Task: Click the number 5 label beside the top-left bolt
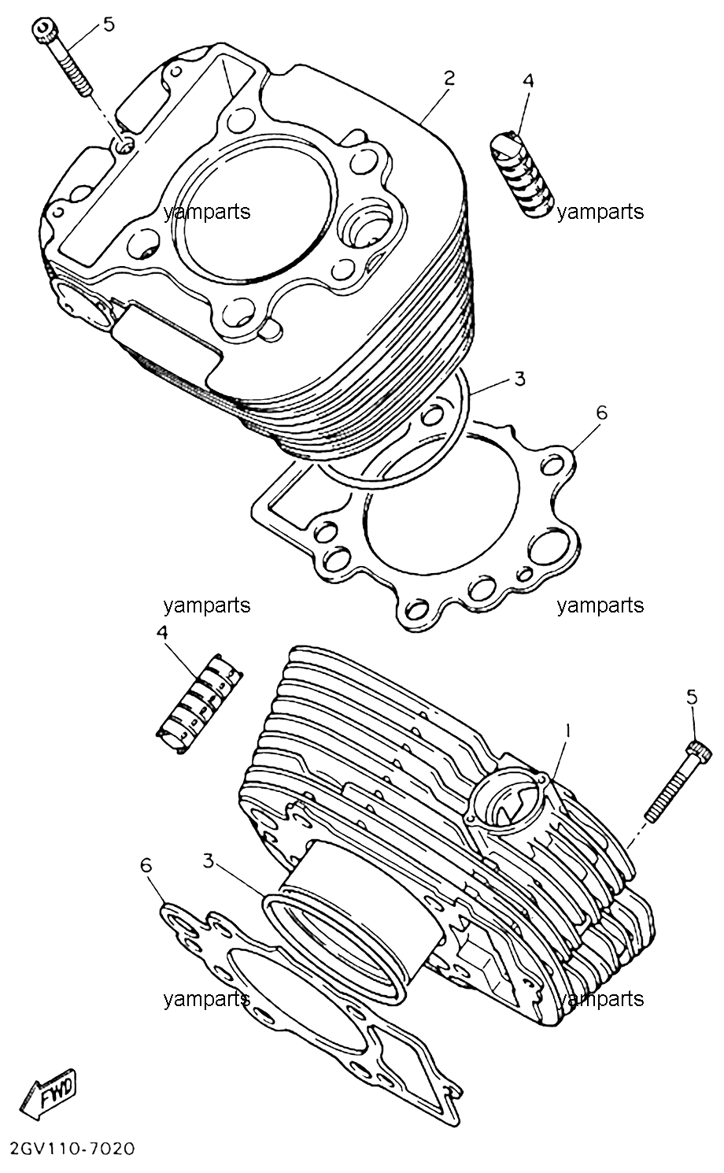click(x=109, y=24)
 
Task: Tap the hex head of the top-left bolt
click(x=41, y=28)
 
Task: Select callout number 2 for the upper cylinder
click(x=449, y=79)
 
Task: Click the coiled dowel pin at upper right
click(x=522, y=175)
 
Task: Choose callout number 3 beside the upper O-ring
click(x=519, y=379)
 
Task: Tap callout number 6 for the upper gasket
click(x=602, y=413)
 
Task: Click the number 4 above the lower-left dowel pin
click(x=162, y=633)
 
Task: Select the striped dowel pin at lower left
click(x=201, y=703)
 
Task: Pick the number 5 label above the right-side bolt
click(x=692, y=697)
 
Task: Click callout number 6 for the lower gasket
click(x=146, y=865)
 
